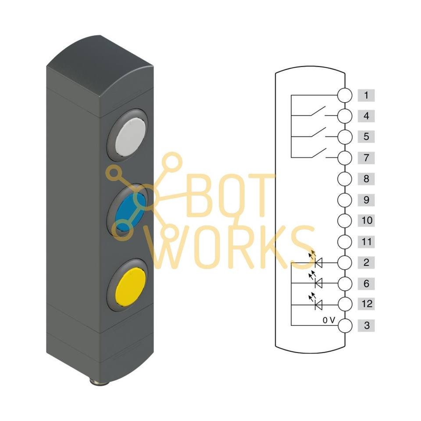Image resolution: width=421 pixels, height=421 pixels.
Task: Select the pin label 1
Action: (x=366, y=95)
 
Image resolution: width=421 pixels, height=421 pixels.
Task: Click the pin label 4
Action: (x=366, y=116)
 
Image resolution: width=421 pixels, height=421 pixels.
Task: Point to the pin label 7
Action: (x=366, y=157)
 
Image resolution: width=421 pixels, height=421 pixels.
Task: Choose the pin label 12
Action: (x=366, y=304)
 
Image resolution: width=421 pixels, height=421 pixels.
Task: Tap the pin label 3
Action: (x=366, y=326)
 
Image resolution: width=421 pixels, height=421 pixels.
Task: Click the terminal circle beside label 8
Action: (x=345, y=179)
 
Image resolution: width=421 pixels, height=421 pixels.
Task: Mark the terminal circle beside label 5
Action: (x=345, y=137)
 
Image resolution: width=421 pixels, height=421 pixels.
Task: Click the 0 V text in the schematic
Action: (x=328, y=320)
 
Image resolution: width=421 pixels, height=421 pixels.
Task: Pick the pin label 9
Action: (x=366, y=200)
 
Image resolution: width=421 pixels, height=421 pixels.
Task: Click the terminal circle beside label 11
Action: (x=345, y=242)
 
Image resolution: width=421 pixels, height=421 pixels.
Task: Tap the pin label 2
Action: (x=366, y=263)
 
